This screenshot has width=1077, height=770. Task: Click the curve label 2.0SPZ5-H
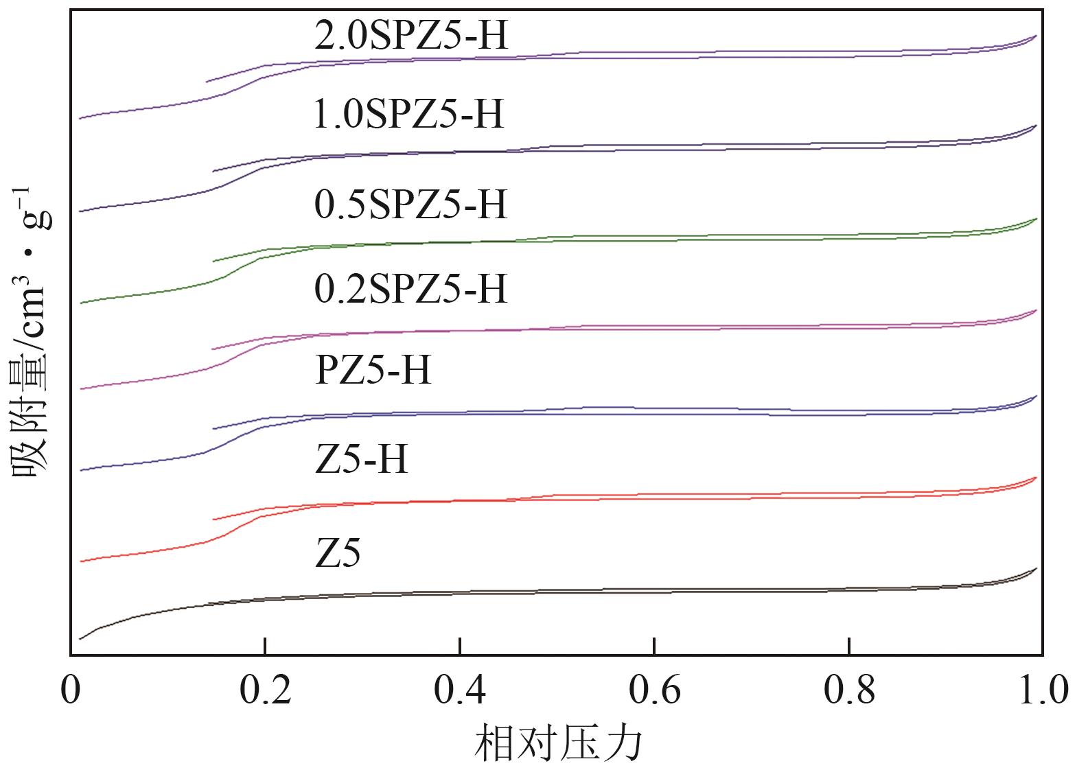pyautogui.click(x=411, y=36)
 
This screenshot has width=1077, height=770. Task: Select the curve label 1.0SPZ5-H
pyautogui.click(x=408, y=115)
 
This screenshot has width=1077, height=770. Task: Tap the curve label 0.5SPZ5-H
pyautogui.click(x=410, y=205)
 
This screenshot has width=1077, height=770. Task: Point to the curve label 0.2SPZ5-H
pyautogui.click(x=410, y=289)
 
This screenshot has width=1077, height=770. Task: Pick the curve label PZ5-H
pyautogui.click(x=373, y=371)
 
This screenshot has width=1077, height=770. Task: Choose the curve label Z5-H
pyautogui.click(x=361, y=459)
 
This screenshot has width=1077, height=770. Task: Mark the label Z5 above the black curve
pyautogui.click(x=338, y=553)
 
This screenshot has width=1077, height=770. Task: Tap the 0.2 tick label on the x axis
pyautogui.click(x=265, y=690)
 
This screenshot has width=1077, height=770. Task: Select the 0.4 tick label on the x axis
pyautogui.click(x=460, y=690)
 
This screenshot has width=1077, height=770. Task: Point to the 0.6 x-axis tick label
pyautogui.click(x=655, y=690)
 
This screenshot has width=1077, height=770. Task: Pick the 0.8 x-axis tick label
pyautogui.click(x=850, y=690)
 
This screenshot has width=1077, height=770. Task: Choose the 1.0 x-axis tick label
pyautogui.click(x=1042, y=690)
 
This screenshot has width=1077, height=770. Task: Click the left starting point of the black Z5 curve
pyautogui.click(x=80, y=639)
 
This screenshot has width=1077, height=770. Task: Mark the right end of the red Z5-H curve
pyautogui.click(x=1036, y=478)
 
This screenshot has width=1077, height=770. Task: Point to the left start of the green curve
pyautogui.click(x=80, y=303)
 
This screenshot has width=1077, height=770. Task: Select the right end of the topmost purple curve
pyautogui.click(x=1036, y=36)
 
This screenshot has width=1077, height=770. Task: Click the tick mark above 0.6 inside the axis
pyautogui.click(x=655, y=646)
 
